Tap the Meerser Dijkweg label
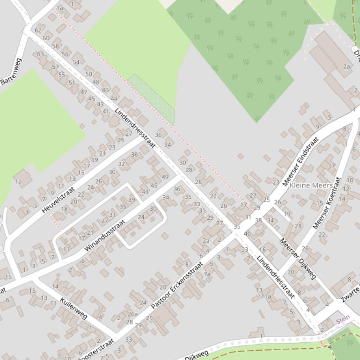[298, 259]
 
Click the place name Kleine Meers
[311, 186]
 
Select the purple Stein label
[343, 321]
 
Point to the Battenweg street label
[11, 71]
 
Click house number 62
[38, 30]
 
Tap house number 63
[41, 54]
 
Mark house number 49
[165, 177]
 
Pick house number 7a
[207, 274]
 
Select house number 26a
[133, 314]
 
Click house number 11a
[266, 296]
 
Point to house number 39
[132, 200]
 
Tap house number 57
[55, 67]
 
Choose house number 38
[258, 220]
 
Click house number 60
[46, 38]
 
